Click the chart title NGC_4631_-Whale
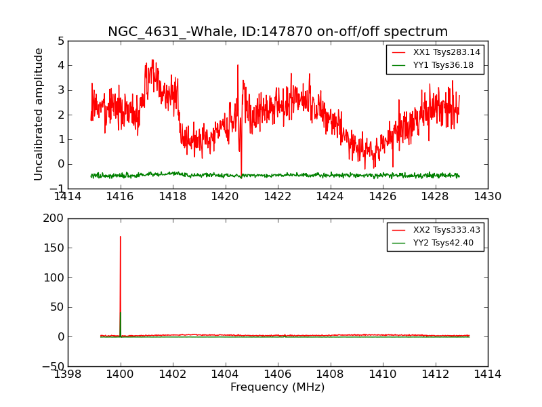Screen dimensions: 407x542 click(x=278, y=32)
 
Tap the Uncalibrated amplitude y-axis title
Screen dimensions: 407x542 click(x=39, y=114)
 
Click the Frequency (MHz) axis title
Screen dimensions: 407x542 click(x=278, y=387)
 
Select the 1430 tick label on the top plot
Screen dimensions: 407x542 click(x=488, y=197)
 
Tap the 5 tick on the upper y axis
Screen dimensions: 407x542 click(x=61, y=41)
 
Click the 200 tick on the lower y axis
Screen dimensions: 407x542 click(x=54, y=218)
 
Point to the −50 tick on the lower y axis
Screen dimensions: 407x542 click(x=51, y=366)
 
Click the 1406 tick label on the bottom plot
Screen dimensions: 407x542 click(x=278, y=374)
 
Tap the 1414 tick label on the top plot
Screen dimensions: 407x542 click(x=68, y=197)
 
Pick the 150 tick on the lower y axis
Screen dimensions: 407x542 click(x=54, y=248)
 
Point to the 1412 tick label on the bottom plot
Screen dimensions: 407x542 click(x=435, y=374)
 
